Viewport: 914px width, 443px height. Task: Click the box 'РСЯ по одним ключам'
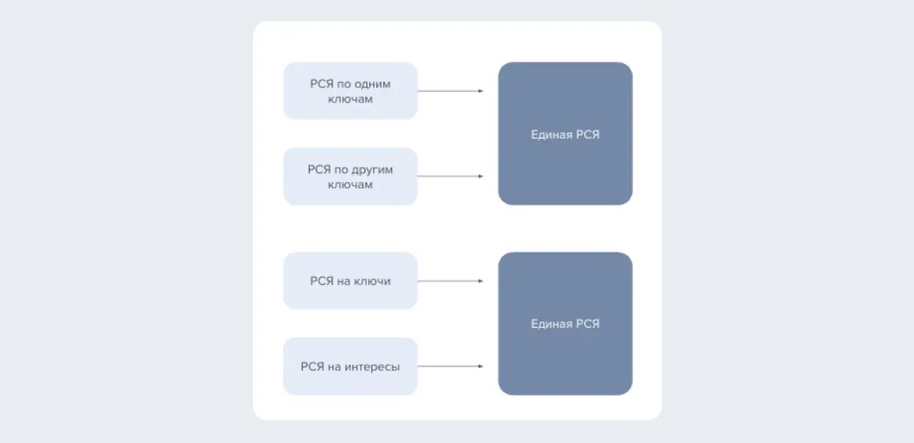point(351,90)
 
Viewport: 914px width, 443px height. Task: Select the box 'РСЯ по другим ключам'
point(351,176)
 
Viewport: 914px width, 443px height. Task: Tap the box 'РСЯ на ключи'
point(351,281)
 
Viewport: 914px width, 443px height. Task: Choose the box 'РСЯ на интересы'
point(351,366)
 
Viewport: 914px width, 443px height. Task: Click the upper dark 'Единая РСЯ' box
point(565,133)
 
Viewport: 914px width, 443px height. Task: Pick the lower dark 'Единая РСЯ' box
point(565,323)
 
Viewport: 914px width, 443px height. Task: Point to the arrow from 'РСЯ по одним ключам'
point(450,91)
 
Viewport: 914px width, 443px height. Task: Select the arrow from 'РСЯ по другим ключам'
point(450,176)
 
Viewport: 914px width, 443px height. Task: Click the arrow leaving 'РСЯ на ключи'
point(450,281)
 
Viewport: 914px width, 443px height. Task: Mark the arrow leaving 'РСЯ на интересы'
point(450,366)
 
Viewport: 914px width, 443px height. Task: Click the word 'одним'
point(373,84)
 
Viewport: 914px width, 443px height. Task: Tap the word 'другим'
point(372,170)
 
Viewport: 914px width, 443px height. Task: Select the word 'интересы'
point(372,367)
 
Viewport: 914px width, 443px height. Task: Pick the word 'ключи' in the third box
point(372,281)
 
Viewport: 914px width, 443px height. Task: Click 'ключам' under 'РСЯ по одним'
point(351,99)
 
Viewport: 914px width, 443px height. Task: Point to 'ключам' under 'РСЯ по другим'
point(351,185)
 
